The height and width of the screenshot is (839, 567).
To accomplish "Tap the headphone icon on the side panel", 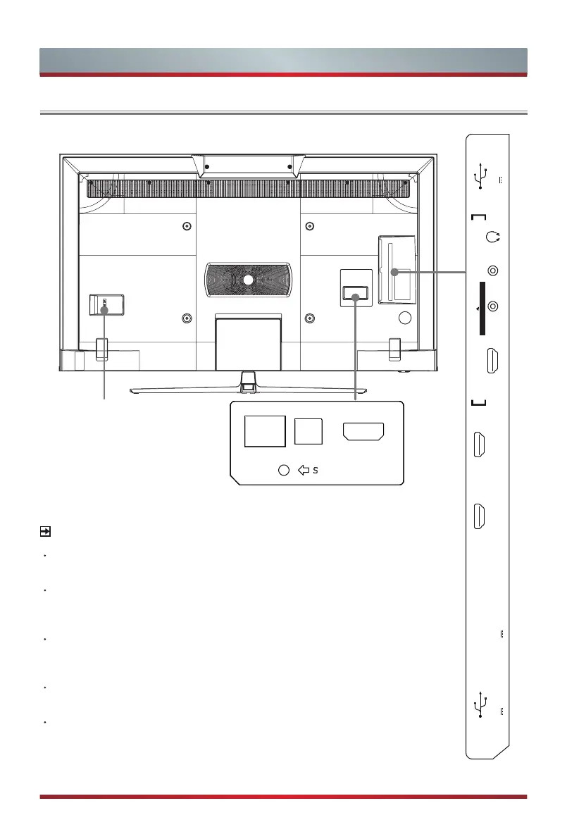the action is [x=492, y=237].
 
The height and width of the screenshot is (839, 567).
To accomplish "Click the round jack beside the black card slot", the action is [x=493, y=306].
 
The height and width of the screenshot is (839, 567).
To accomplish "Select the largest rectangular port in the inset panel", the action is [x=265, y=431].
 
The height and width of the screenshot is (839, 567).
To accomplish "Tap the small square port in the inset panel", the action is [x=309, y=431].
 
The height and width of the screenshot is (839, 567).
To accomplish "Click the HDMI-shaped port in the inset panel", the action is [x=363, y=431].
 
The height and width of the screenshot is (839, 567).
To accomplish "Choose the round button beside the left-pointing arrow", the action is [x=284, y=470].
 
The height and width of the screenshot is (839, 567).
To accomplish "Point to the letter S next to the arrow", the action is [x=316, y=470].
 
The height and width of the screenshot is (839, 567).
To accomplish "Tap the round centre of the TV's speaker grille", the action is [x=248, y=279].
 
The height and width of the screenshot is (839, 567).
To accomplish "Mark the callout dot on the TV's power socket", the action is [x=105, y=308].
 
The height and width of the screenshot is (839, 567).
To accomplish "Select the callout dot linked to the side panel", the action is [x=394, y=272].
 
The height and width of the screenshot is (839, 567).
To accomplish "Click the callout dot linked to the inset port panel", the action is [x=355, y=299].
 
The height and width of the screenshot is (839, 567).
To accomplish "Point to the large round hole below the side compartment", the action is [x=404, y=318].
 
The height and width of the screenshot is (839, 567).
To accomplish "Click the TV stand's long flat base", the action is [x=247, y=389].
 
